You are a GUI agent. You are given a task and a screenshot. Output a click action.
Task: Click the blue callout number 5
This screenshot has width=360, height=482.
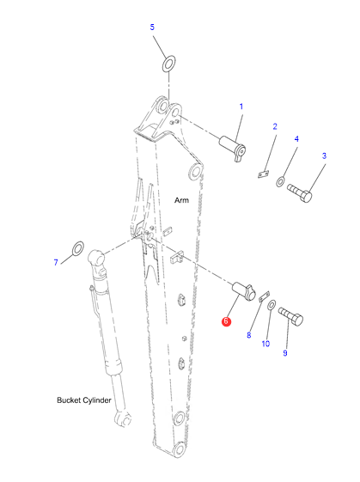pyautogui.click(x=152, y=27)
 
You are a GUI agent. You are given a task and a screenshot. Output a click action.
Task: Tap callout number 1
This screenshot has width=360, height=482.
pyautogui.click(x=241, y=107)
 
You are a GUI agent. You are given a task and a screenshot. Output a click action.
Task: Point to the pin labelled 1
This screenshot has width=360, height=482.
pyautogui.click(x=232, y=148)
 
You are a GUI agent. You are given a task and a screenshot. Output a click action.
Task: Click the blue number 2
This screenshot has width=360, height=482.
pyautogui.click(x=275, y=126)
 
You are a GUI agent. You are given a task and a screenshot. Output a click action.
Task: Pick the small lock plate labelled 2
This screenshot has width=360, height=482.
pyautogui.click(x=263, y=174)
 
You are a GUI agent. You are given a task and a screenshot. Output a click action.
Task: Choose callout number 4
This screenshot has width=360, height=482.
pyautogui.click(x=296, y=139)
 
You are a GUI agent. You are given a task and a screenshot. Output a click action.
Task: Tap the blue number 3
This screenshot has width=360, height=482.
pyautogui.click(x=324, y=156)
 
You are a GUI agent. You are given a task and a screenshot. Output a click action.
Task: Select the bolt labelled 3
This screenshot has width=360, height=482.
pyautogui.click(x=300, y=192)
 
